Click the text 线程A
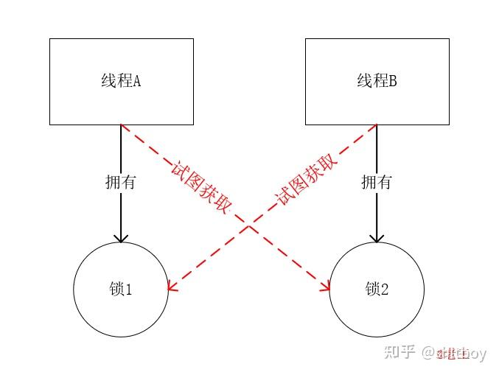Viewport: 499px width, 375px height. (121, 81)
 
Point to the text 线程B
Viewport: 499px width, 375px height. (377, 81)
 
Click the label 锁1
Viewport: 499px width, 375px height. (121, 290)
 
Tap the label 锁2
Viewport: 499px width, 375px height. (377, 290)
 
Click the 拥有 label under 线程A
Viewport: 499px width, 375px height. (121, 182)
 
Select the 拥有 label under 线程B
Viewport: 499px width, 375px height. (377, 182)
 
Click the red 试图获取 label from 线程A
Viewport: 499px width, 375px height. (198, 186)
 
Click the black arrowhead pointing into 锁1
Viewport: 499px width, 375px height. (121, 237)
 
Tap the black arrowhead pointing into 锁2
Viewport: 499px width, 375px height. (377, 237)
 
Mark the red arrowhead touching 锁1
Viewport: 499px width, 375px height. (172, 287)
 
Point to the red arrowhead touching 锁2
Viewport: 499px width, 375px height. (325, 287)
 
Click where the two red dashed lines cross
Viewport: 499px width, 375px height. (248, 227)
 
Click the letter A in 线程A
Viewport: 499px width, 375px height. (136, 81)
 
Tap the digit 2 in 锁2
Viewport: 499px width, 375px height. (384, 290)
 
